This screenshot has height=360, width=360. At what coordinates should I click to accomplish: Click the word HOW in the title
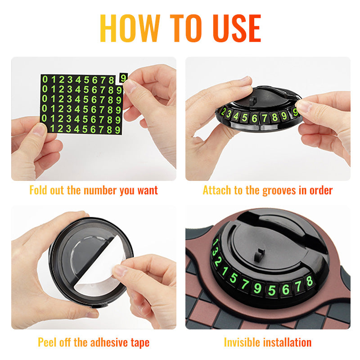pos(130,28)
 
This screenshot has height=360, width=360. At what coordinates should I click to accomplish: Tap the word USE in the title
pos(237,28)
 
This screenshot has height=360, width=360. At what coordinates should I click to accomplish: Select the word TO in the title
pos(186,28)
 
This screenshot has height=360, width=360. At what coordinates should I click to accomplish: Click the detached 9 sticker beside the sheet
pos(123,78)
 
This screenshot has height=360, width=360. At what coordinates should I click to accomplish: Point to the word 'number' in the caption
pos(100,190)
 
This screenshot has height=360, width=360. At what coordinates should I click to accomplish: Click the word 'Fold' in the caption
pos(38,190)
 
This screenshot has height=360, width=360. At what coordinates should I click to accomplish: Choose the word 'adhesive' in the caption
pos(109,342)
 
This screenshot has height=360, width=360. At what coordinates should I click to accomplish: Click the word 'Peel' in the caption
pos(47,342)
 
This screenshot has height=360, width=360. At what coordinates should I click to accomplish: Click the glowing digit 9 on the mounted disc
pos(257,288)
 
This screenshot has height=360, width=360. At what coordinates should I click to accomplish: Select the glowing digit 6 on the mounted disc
pos(286,289)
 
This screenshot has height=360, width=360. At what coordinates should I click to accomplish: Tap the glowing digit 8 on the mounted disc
pos(309,281)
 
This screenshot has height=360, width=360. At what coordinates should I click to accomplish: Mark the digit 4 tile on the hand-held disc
pos(236,116)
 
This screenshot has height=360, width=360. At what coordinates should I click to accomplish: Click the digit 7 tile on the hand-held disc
pos(265,118)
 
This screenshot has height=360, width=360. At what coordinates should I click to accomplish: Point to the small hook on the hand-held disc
pos(252,100)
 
